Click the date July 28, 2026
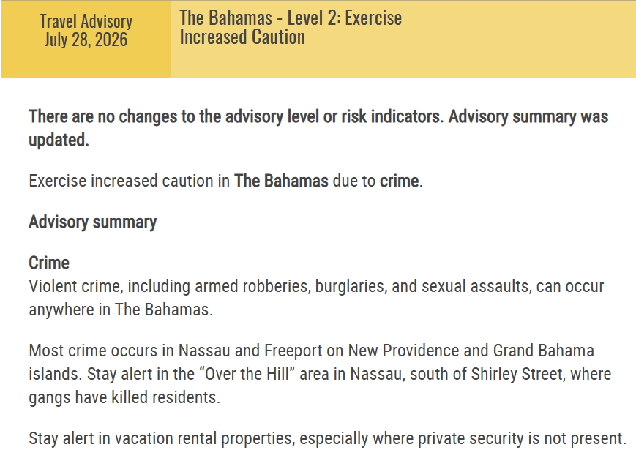tap(86, 40)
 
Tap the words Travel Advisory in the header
tap(86, 21)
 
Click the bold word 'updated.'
tap(59, 140)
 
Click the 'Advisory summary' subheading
tap(92, 222)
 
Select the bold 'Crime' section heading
tap(49, 263)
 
